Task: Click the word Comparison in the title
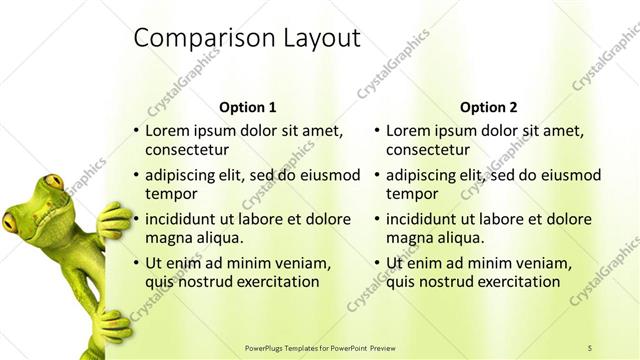click(x=191, y=38)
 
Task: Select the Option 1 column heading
click(x=247, y=107)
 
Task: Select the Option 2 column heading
click(x=489, y=107)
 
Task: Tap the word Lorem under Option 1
click(x=167, y=131)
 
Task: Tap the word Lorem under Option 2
click(x=408, y=131)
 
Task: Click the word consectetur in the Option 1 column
click(x=187, y=150)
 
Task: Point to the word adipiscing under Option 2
click(x=421, y=175)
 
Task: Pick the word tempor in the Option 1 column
click(x=168, y=194)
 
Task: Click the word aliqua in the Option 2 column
click(x=459, y=238)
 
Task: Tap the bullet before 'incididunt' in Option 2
click(x=377, y=219)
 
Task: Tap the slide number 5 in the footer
click(x=590, y=347)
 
